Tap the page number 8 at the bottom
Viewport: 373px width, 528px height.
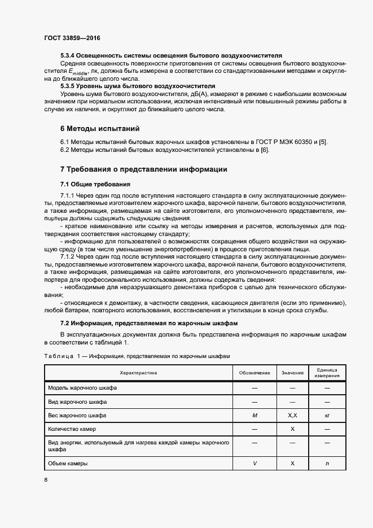(x=46, y=479)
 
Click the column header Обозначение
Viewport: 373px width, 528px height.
(x=254, y=373)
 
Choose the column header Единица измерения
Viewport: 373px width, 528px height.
(x=327, y=373)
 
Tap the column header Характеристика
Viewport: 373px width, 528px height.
(x=138, y=373)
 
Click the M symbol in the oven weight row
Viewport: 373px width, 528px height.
(x=254, y=416)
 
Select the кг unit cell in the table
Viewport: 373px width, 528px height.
(x=327, y=416)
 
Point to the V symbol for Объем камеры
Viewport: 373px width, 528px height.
(x=254, y=463)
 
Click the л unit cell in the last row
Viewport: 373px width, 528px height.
(x=327, y=463)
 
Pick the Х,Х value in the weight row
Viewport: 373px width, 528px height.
(x=292, y=416)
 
